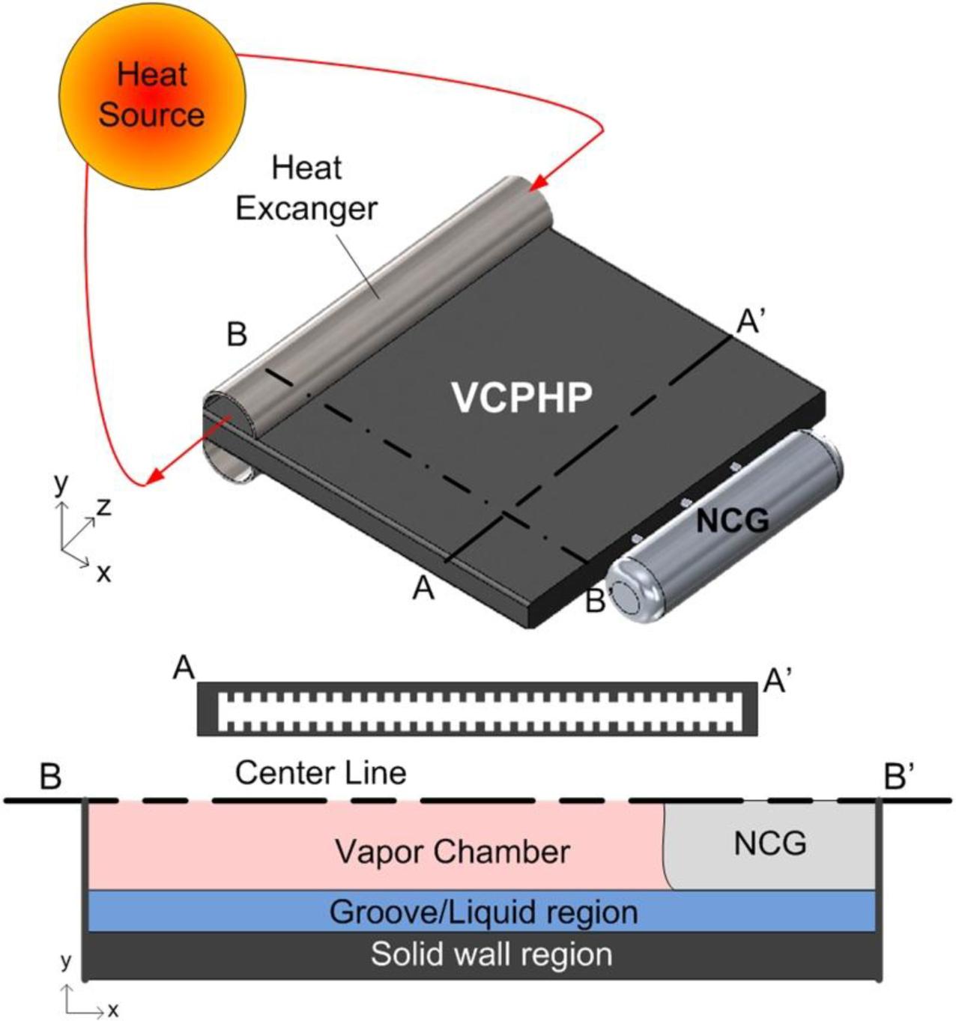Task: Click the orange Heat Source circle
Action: coord(152,95)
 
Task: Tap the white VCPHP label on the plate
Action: coord(522,397)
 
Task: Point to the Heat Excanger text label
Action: coord(306,188)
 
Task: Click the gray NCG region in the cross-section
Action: coord(770,844)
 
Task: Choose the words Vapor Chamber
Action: coord(452,852)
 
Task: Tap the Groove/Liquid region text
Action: coord(483,912)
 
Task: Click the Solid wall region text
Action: coord(491,954)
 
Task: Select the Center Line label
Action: coord(321,772)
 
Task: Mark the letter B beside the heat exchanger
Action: coord(237,335)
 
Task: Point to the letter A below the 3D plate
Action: coord(423,590)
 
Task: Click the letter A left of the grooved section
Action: coord(184,667)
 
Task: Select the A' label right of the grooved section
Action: coord(778,680)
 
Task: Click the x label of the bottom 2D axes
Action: coord(113,1011)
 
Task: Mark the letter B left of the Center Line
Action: coord(50,777)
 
